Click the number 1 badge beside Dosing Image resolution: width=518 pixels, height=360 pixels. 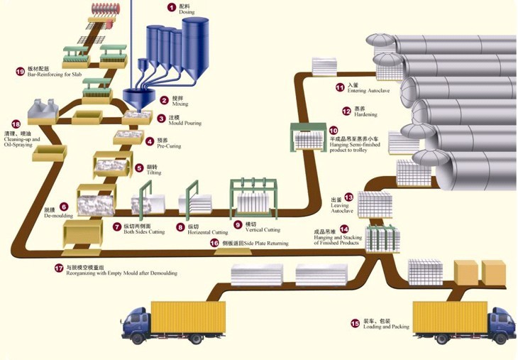(171, 7)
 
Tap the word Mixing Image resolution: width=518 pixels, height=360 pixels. (180, 104)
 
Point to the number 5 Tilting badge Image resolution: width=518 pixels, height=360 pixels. (139, 168)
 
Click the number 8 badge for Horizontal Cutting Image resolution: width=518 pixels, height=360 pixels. (180, 227)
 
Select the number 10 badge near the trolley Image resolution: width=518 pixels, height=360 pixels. (334, 131)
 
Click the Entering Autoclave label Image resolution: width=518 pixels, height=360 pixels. (368, 91)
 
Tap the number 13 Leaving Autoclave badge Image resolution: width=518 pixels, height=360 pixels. (348, 197)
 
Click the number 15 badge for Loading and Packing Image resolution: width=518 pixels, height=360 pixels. (354, 323)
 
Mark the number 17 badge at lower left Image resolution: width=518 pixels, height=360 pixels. (59, 268)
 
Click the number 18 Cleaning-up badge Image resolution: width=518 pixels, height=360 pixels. (16, 124)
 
